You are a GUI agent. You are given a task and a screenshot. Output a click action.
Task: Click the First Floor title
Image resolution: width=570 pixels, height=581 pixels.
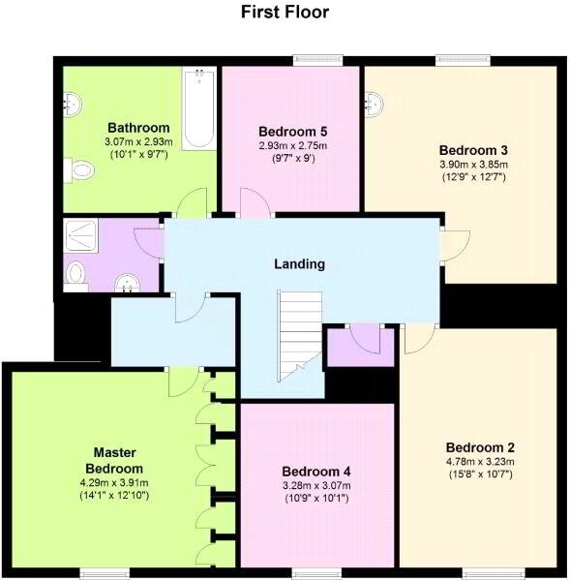coord(285,13)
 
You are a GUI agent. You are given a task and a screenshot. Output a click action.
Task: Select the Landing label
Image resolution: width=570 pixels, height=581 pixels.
coord(299,263)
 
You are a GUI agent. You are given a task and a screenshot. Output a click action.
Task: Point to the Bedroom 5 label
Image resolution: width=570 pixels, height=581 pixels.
coord(292,132)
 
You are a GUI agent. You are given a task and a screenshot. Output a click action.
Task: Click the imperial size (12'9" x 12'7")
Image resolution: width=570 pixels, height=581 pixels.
coord(473,177)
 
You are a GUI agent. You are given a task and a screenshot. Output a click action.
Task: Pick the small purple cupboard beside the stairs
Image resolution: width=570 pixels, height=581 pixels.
coord(359,348)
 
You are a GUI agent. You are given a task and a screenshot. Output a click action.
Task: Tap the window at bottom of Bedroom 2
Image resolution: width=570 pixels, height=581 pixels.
coord(480,571)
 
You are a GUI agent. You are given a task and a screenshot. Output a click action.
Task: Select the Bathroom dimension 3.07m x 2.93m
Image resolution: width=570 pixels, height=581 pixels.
coord(138,142)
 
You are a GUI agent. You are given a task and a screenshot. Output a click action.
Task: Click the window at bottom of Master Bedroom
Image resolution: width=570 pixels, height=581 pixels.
coord(102,571)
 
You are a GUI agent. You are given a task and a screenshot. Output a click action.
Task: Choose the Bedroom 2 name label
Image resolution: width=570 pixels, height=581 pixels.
coord(479,447)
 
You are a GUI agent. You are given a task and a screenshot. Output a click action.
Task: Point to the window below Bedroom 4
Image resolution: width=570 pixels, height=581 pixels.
coord(315,571)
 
